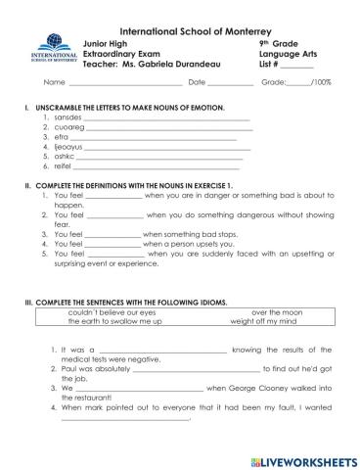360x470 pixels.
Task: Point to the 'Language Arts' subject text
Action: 286,54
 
